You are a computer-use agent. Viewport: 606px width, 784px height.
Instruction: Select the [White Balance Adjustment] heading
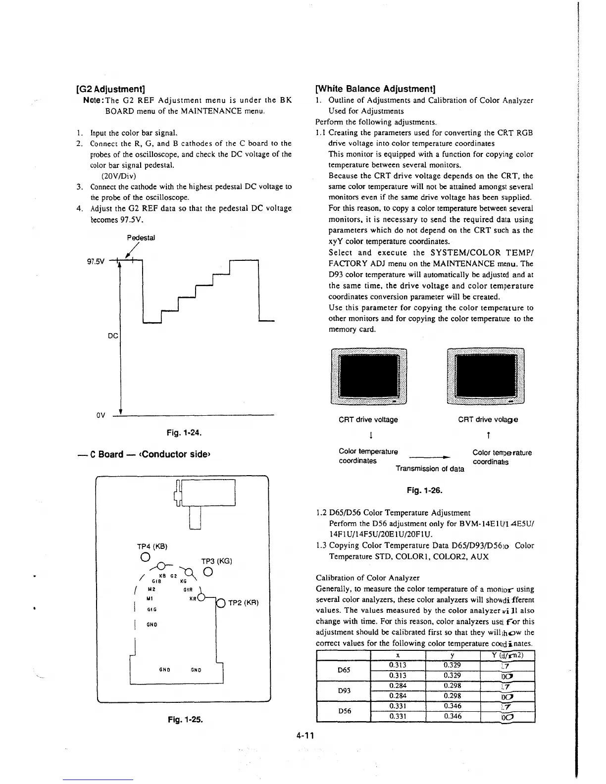click(x=375, y=89)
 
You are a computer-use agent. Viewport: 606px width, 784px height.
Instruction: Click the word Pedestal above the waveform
click(x=141, y=238)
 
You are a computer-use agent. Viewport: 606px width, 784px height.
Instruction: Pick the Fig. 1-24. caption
click(x=184, y=433)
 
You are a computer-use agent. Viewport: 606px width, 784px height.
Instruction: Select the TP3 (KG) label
click(x=217, y=561)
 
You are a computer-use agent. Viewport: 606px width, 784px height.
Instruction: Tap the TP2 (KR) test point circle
click(x=221, y=603)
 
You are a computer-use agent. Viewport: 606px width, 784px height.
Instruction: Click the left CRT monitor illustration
click(x=368, y=376)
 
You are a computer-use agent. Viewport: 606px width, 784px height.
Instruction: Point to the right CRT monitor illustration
click(x=485, y=376)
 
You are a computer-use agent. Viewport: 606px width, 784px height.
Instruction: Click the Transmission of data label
click(x=430, y=469)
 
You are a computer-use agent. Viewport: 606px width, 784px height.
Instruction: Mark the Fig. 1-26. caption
click(x=424, y=490)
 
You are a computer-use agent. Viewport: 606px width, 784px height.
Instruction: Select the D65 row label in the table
click(x=344, y=670)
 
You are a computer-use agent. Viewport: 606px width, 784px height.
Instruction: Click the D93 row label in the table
click(x=344, y=690)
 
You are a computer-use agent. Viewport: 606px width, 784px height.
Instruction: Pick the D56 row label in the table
click(x=344, y=711)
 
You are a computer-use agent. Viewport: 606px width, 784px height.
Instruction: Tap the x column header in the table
click(x=398, y=655)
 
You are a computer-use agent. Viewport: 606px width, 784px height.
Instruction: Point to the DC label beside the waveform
click(x=113, y=336)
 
